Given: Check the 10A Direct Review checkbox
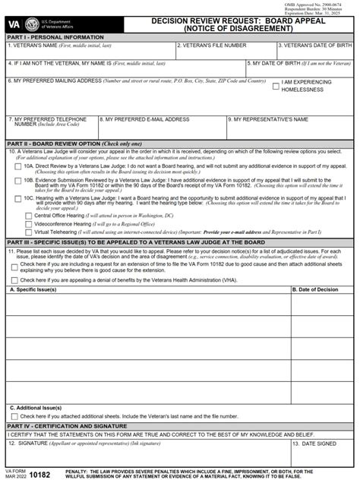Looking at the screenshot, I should pos(18,166).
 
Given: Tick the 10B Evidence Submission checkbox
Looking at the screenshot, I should pos(18,181).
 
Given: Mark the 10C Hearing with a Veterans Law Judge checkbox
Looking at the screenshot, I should pos(18,198).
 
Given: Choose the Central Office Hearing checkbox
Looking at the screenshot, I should pos(29,216).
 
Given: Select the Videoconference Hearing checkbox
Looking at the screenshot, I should pos(29,225).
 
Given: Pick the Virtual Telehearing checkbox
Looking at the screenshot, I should pos(29,234).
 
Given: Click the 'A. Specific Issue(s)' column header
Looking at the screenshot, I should pos(36,289).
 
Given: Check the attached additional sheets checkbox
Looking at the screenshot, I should pos(14,417).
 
